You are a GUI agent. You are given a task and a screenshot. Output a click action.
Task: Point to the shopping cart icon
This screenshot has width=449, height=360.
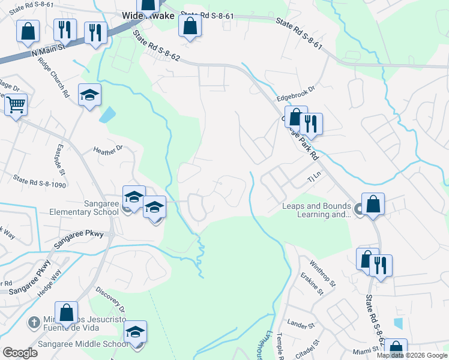16,105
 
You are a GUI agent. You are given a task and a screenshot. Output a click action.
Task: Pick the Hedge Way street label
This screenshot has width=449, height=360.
52,281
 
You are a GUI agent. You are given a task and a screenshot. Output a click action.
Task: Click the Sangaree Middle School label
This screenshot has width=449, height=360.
83,344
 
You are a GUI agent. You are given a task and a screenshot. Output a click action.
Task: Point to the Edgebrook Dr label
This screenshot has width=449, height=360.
296,98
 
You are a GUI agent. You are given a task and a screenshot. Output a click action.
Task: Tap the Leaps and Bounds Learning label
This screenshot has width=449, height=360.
316,210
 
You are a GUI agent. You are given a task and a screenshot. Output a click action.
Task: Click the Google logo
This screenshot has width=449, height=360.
20,352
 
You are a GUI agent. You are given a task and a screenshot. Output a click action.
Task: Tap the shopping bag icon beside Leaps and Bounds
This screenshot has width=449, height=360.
373,204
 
